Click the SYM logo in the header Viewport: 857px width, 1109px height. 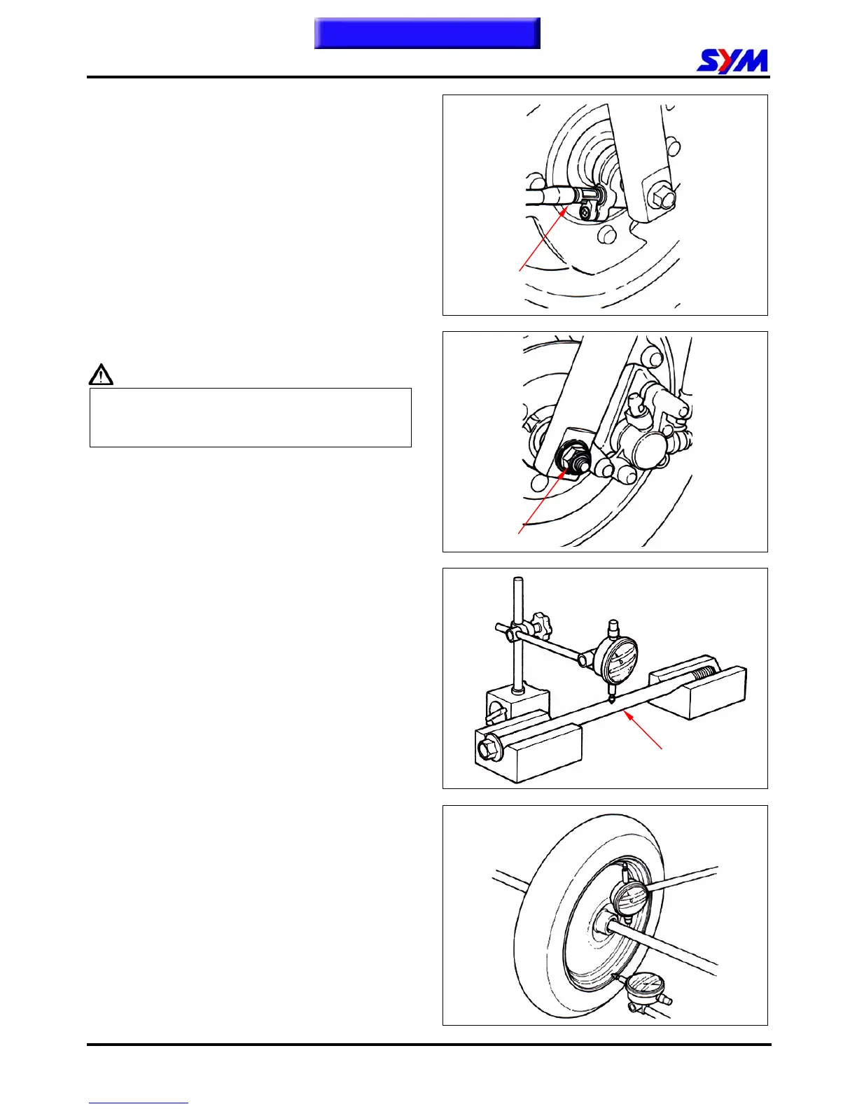pos(732,61)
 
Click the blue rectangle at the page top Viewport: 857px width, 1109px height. pos(427,33)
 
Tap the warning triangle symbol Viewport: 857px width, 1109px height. pos(101,375)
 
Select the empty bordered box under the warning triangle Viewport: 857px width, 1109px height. pos(250,417)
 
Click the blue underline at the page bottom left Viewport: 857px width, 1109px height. pos(138,1103)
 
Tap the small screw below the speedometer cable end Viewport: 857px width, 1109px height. pos(585,211)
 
